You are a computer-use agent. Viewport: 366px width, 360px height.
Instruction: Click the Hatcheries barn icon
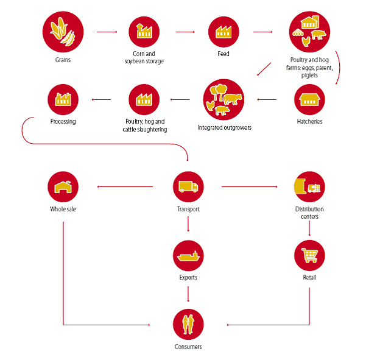309,99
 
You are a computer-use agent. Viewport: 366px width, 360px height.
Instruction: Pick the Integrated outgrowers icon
224,99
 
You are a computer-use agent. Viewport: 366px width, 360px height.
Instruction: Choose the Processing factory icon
63,99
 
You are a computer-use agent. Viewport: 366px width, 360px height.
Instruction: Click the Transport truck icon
188,187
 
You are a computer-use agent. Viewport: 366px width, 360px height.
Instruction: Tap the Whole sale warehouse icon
63,187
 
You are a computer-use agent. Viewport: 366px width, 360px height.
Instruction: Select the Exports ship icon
188,255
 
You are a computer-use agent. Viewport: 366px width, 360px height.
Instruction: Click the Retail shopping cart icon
309,255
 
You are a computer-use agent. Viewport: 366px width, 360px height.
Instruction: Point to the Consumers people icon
188,323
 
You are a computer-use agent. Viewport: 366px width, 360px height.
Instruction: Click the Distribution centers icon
309,187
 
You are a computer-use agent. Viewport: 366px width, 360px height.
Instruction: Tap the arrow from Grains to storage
107,32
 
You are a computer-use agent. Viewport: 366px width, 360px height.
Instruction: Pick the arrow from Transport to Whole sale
128,187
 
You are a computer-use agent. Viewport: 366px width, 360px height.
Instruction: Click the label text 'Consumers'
188,347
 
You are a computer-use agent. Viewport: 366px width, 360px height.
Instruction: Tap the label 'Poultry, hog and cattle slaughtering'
144,125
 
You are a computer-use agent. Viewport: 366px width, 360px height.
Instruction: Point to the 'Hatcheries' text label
309,122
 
